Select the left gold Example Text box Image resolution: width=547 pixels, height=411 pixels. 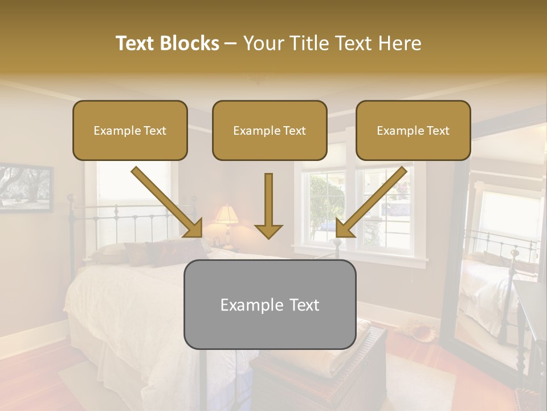[130, 130]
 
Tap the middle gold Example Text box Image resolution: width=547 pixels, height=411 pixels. [270, 130]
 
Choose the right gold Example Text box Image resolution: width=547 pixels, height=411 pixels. [413, 130]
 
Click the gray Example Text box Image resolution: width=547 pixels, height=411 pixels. [270, 304]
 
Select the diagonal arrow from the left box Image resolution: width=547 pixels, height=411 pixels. [168, 203]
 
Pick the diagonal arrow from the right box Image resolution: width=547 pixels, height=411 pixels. [370, 203]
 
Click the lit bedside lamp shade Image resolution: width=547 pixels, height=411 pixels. [226, 215]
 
